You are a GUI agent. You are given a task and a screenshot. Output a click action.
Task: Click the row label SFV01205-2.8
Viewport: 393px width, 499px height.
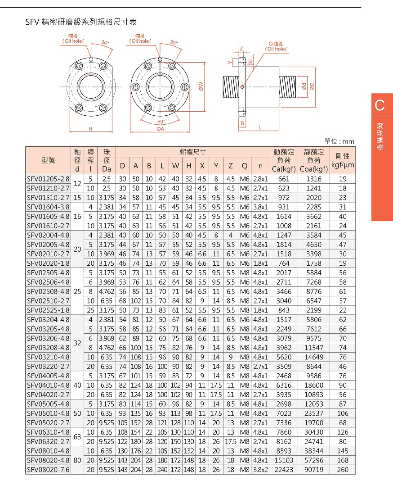click(48, 179)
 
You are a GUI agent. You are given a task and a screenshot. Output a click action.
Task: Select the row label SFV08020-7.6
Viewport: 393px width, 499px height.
click(48, 469)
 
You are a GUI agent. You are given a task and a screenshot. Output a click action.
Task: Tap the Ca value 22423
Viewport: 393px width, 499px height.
click(283, 469)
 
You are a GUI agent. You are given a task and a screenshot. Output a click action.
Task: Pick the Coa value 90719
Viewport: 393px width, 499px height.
click(313, 469)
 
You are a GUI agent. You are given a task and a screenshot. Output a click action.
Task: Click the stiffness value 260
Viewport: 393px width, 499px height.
click(343, 469)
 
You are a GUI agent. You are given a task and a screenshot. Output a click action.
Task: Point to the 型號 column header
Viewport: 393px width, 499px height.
click(48, 160)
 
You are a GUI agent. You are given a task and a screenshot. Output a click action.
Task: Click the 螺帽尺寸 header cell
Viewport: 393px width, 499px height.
click(192, 152)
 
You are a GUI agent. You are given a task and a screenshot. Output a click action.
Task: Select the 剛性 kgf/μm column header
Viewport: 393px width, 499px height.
click(343, 160)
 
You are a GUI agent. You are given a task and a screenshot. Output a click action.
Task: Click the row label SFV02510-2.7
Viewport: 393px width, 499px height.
click(48, 300)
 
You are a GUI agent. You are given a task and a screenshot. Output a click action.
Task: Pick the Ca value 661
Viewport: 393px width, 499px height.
click(283, 179)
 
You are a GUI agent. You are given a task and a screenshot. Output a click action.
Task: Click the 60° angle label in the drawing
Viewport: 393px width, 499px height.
click(161, 122)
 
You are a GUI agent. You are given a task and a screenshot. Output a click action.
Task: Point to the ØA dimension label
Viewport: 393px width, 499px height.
click(160, 129)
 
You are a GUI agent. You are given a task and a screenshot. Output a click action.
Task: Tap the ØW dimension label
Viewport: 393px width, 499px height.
click(202, 86)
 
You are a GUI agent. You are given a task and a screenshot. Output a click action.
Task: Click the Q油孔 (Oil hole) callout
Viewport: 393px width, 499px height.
click(277, 46)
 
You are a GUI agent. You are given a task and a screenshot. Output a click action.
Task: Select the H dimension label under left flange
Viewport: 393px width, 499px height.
click(90, 129)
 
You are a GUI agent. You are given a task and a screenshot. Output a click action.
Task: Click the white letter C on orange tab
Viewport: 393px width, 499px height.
click(380, 105)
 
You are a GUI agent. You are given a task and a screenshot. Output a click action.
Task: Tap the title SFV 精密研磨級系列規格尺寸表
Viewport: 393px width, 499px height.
click(81, 22)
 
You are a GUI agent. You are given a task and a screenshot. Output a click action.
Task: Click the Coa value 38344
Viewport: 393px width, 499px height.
click(313, 451)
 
